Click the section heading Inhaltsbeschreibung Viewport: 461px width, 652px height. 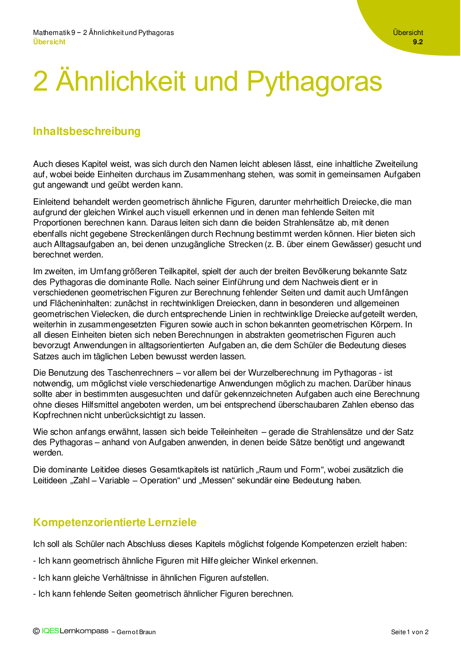pyautogui.click(x=87, y=132)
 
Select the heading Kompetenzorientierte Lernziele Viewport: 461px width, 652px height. pyautogui.click(x=115, y=522)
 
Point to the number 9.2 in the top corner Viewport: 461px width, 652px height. pyautogui.click(x=418, y=42)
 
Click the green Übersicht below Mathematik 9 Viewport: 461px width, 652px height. pyautogui.click(x=49, y=42)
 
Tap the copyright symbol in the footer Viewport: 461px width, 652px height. pyautogui.click(x=36, y=631)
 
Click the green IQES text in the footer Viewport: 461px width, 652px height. pyautogui.click(x=51, y=631)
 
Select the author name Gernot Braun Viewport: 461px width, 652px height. pyautogui.click(x=136, y=632)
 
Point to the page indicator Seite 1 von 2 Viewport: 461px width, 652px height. pyautogui.click(x=410, y=632)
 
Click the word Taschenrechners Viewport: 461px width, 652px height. pyautogui.click(x=140, y=373)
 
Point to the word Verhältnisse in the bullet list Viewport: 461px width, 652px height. pyautogui.click(x=126, y=578)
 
